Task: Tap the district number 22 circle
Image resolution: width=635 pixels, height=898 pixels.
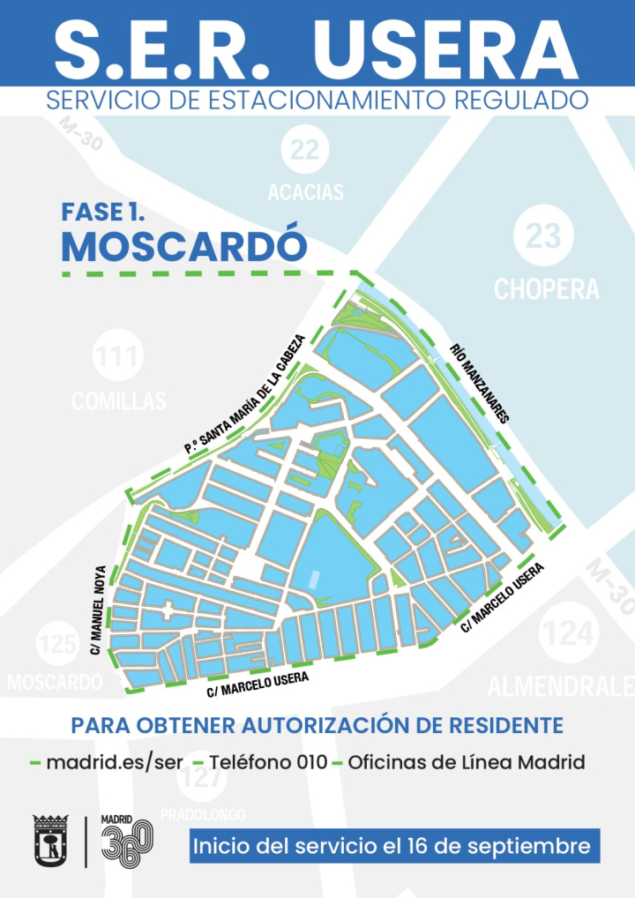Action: [305, 150]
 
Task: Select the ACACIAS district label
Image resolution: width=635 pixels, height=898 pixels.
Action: [305, 191]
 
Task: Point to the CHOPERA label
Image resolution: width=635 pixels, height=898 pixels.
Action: [546, 288]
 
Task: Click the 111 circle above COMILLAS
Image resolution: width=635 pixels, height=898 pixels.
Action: [118, 357]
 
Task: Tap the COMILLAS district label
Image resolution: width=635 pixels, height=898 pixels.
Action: [119, 401]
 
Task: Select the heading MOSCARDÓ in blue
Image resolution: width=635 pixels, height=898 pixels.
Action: [183, 246]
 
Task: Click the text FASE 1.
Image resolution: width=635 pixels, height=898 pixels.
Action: [103, 212]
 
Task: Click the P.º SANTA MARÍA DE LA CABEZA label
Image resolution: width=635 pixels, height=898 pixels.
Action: [244, 394]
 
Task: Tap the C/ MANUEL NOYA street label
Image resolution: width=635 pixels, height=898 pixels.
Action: [97, 609]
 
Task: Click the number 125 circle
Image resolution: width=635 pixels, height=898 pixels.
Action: [57, 645]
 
